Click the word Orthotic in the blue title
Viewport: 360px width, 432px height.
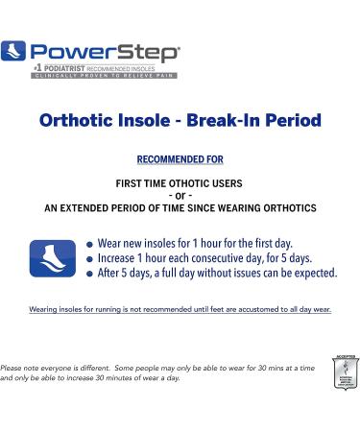80,122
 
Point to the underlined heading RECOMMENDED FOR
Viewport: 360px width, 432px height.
180,157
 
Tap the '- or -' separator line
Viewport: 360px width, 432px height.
180,194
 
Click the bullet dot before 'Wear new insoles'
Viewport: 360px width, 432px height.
89,244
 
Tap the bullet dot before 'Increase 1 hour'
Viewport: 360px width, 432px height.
89,259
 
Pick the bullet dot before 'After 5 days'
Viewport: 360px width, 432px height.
89,274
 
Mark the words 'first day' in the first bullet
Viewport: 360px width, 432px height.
273,243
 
